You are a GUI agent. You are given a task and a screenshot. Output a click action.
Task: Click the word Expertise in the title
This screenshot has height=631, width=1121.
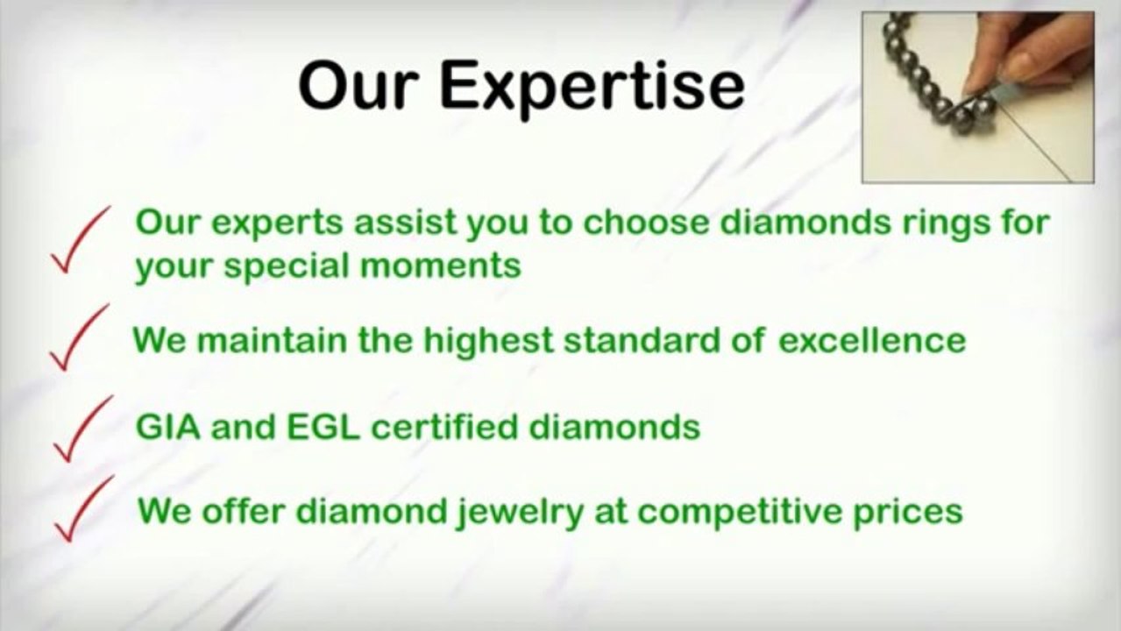[592, 88]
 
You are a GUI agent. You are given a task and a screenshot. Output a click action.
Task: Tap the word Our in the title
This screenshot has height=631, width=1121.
[358, 85]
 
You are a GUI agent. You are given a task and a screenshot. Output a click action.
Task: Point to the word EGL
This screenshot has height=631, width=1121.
[323, 428]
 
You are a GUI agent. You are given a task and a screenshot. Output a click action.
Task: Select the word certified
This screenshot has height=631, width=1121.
[444, 428]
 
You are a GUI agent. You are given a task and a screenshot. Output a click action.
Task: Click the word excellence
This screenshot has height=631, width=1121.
[872, 340]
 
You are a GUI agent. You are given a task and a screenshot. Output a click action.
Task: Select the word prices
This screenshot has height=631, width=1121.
[908, 513]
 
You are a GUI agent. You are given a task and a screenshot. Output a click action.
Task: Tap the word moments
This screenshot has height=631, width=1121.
[441, 266]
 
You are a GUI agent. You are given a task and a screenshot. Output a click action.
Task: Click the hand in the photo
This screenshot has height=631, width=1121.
[1026, 55]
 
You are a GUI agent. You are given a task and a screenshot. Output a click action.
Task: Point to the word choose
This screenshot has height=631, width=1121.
[646, 223]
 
